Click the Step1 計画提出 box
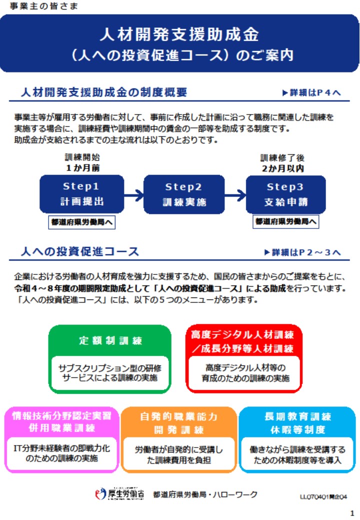coord(82,194)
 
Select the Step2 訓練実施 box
coord(184,194)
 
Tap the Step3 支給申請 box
coord(285,194)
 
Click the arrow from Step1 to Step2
coord(134,195)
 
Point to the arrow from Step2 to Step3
coord(235,195)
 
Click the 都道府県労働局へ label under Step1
coord(81,222)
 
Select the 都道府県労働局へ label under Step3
coord(285,221)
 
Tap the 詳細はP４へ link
coord(311,92)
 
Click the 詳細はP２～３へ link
coord(302,252)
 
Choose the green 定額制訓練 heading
coord(110,340)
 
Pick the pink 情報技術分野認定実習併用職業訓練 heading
coord(61,421)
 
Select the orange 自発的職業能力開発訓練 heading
coord(178,423)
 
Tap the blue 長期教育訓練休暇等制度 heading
coord(297,423)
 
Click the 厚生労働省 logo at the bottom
coord(119,494)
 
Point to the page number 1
coord(352,513)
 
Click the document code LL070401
coord(323,496)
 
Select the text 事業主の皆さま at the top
coord(44,6)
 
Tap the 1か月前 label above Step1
coord(82,168)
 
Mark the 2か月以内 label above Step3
coord(283,168)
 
